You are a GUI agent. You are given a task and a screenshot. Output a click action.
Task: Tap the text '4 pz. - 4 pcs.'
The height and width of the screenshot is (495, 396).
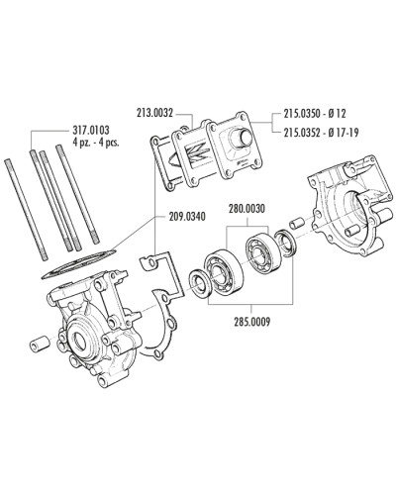tap(99, 142)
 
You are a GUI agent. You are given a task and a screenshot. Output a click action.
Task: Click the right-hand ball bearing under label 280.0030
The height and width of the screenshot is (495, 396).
tap(260, 251)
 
